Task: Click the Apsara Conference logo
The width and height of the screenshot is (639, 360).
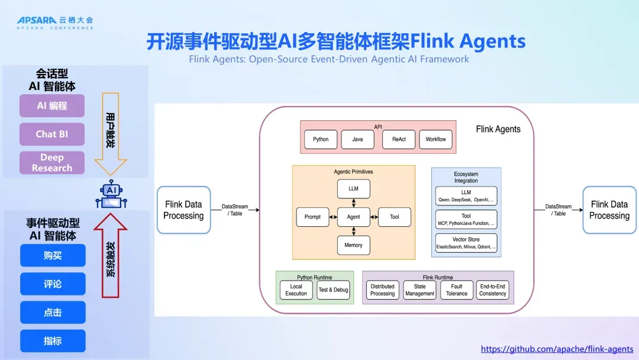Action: click(x=55, y=23)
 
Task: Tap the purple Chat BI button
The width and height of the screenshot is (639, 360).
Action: click(x=52, y=134)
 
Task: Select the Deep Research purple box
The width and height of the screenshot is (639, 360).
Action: click(x=52, y=163)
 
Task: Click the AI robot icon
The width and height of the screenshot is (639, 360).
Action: click(x=111, y=194)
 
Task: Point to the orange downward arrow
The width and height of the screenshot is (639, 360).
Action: click(x=111, y=134)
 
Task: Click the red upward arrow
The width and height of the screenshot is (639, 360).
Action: click(x=111, y=256)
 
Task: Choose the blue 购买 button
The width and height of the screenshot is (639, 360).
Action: click(x=53, y=255)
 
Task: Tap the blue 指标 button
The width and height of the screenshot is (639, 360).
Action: click(x=53, y=341)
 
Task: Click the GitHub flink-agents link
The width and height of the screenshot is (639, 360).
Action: click(x=557, y=349)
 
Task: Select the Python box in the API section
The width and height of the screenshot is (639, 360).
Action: click(x=321, y=139)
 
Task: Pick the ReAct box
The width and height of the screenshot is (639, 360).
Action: click(x=399, y=139)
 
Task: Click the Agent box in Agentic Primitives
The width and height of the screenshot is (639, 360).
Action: click(x=353, y=217)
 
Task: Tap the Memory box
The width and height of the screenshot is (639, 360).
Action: click(x=353, y=245)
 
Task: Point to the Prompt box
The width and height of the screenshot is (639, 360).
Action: click(x=312, y=217)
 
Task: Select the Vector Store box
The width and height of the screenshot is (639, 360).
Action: click(x=466, y=243)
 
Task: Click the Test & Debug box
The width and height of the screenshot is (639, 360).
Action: click(x=333, y=290)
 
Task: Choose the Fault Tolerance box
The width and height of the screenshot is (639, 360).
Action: click(x=456, y=290)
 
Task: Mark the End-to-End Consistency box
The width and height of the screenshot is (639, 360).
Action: click(x=493, y=290)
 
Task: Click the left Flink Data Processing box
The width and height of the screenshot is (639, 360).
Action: click(x=184, y=210)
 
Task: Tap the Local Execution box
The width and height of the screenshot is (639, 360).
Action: click(x=296, y=290)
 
